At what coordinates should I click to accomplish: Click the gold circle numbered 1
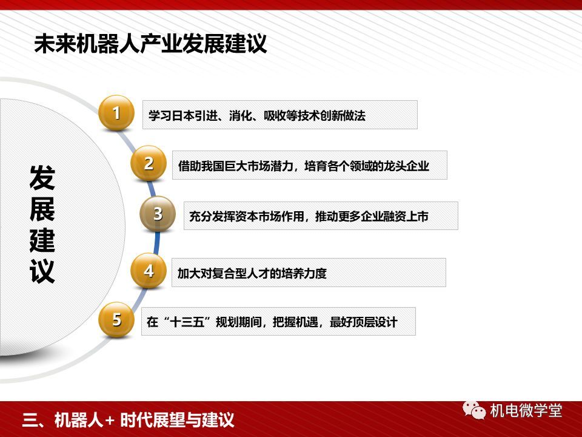click(x=116, y=113)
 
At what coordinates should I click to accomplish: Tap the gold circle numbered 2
click(x=149, y=163)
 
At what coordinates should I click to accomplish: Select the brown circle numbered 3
click(x=158, y=214)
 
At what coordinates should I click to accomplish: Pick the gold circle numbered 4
click(x=149, y=271)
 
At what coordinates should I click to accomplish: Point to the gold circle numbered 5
click(x=116, y=320)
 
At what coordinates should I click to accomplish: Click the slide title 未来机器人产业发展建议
click(x=150, y=44)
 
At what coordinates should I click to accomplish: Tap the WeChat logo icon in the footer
click(x=474, y=410)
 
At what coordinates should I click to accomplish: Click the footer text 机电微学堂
click(x=526, y=411)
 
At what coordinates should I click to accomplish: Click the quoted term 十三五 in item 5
click(x=187, y=322)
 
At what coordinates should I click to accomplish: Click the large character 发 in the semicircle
click(x=42, y=177)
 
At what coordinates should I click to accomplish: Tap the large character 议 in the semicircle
click(x=42, y=271)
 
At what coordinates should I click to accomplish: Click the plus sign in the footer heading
click(x=110, y=420)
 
